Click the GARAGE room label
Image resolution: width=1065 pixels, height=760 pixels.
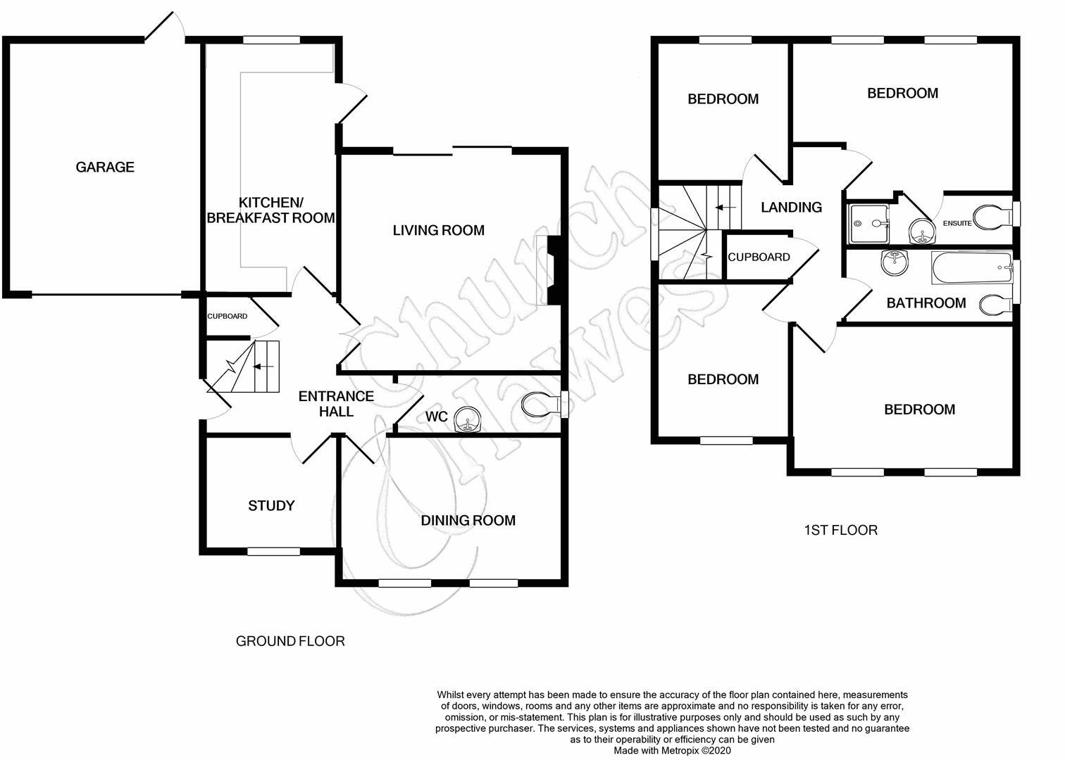105,167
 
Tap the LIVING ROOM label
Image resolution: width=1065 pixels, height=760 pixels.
438,230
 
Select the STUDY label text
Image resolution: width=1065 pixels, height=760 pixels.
271,505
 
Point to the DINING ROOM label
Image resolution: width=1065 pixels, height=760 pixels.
468,520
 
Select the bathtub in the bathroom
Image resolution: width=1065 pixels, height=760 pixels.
971,268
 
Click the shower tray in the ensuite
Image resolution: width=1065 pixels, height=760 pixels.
869,223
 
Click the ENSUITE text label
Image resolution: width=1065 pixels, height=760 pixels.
957,223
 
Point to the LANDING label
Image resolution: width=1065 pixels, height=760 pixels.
791,207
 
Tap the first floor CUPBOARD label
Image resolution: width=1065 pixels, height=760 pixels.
759,257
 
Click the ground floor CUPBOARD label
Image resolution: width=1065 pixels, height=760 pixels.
227,316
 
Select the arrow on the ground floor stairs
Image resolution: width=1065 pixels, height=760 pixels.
264,366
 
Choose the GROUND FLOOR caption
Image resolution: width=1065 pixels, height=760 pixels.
290,641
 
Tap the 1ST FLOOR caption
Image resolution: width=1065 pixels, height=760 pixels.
840,530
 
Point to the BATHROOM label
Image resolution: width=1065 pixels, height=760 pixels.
926,303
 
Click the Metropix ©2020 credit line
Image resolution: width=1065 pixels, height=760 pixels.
673,751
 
